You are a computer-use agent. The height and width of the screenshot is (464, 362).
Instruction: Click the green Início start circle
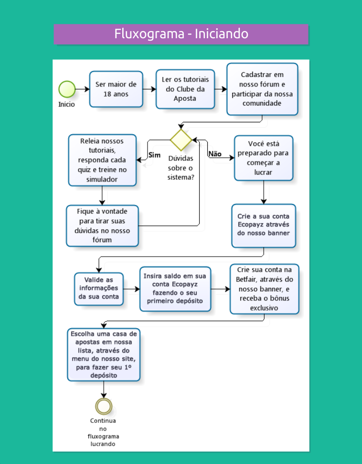pyautogui.click(x=67, y=89)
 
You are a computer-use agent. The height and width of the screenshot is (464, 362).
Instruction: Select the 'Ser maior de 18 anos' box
pyautogui.click(x=116, y=89)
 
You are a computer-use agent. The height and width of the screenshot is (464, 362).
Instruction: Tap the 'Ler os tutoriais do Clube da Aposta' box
pyautogui.click(x=185, y=89)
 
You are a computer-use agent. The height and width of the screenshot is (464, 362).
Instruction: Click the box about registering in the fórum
pyautogui.click(x=262, y=89)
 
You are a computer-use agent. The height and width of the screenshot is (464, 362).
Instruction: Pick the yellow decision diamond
pyautogui.click(x=181, y=140)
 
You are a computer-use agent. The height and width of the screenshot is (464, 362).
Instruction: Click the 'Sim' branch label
pyautogui.click(x=154, y=155)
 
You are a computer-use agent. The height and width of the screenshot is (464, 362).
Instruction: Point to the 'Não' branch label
pyautogui.click(x=215, y=154)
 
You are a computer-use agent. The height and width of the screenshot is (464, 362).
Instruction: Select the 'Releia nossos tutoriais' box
pyautogui.click(x=102, y=160)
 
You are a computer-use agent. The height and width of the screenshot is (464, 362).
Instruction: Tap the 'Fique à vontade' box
pyautogui.click(x=102, y=226)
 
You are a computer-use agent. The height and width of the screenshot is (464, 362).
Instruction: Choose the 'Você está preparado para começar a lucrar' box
pyautogui.click(x=264, y=158)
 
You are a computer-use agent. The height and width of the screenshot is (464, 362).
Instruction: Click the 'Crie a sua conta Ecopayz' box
pyautogui.click(x=264, y=226)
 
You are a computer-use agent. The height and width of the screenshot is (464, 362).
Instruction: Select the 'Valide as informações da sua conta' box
pyautogui.click(x=99, y=289)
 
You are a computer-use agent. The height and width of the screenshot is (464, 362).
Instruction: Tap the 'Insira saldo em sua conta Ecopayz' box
pyautogui.click(x=175, y=289)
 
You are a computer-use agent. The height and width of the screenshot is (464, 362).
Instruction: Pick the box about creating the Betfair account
pyautogui.click(x=265, y=289)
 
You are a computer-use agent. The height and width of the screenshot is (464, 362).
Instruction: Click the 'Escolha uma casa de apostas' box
pyautogui.click(x=104, y=355)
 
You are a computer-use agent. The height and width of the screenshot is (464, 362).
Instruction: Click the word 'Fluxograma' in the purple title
pyautogui.click(x=149, y=34)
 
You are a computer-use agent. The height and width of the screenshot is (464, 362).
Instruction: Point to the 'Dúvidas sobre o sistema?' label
pyautogui.click(x=181, y=168)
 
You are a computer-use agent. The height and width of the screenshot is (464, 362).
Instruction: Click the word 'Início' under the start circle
pyautogui.click(x=66, y=104)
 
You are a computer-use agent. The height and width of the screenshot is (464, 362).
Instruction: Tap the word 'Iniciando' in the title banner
pyautogui.click(x=221, y=34)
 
